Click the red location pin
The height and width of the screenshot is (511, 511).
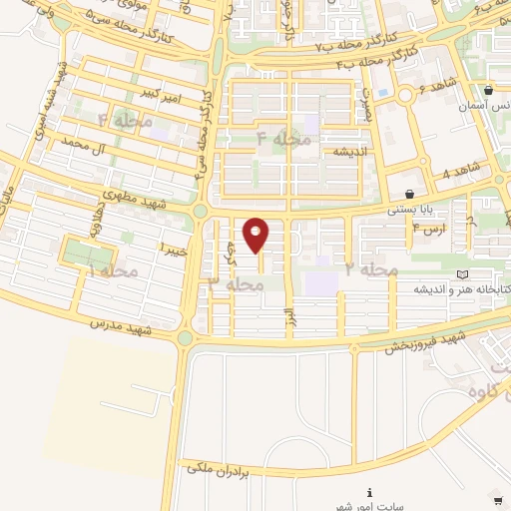pyautogui.click(x=256, y=235)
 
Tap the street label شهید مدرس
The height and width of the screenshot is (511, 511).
pyautogui.click(x=119, y=326)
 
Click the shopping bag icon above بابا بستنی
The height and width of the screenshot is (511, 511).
pyautogui.click(x=410, y=194)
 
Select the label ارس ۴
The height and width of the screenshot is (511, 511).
pyautogui.click(x=428, y=229)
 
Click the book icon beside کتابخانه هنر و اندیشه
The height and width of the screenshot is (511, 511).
pyautogui.click(x=460, y=274)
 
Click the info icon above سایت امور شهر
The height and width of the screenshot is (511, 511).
pyautogui.click(x=370, y=492)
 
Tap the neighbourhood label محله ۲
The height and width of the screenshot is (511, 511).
pyautogui.click(x=371, y=269)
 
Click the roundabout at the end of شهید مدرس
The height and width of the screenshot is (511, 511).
pyautogui.click(x=186, y=338)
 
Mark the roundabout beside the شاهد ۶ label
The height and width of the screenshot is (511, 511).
pyautogui.click(x=406, y=96)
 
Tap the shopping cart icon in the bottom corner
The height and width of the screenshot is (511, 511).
pyautogui.click(x=498, y=500)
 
